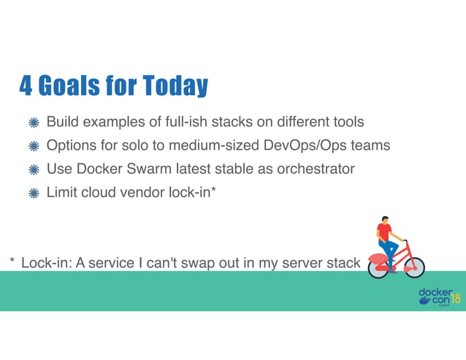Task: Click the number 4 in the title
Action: (x=26, y=87)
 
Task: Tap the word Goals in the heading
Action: (x=72, y=87)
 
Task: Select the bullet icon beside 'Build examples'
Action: (x=33, y=122)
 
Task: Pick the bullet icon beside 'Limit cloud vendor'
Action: (x=33, y=194)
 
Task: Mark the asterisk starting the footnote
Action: (x=12, y=262)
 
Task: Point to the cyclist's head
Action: (x=385, y=219)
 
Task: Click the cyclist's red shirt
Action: (x=384, y=232)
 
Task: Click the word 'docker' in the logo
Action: (x=435, y=292)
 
